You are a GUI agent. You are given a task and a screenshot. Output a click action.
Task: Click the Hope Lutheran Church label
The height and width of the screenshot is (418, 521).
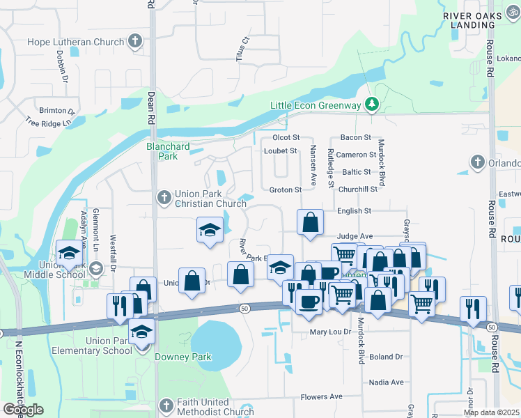coord(75,42)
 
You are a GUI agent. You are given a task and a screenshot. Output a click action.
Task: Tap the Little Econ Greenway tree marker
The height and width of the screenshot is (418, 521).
coord(373,104)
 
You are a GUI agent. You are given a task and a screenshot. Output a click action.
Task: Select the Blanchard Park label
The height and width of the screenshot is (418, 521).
coord(162,151)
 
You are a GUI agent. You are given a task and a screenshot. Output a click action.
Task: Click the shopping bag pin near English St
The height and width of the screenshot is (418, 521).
coord(311,223)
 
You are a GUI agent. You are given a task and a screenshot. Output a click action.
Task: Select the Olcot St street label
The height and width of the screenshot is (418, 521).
coord(286,138)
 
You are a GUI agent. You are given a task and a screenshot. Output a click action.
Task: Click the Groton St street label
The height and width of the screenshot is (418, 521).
coord(285,189)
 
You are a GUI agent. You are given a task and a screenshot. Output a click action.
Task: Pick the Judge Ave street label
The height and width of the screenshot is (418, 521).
coord(355,236)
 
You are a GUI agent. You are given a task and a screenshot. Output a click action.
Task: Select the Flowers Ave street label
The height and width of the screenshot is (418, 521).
coord(321,397)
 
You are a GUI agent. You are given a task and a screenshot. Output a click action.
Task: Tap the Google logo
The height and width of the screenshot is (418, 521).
coord(23,410)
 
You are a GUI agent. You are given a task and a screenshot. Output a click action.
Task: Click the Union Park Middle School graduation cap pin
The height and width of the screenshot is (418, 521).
coord(69,252)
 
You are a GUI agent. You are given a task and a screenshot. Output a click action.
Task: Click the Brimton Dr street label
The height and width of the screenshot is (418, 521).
coord(57,111)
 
